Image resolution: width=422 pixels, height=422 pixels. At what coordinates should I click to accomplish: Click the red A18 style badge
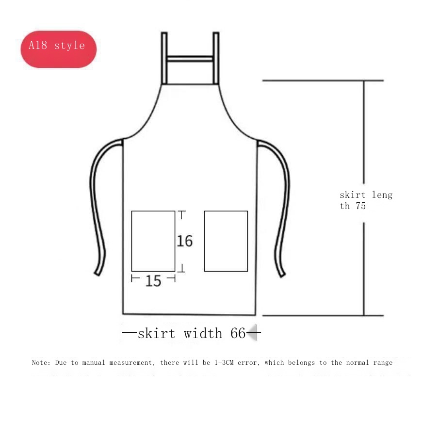tap(58, 49)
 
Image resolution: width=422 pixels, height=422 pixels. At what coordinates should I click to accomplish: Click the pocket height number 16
tap(185, 241)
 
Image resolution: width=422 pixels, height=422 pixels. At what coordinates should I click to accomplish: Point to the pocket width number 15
tap(153, 281)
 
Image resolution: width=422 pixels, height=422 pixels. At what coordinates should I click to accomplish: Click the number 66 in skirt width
tap(238, 333)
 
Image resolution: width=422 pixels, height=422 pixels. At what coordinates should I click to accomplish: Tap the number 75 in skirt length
tap(360, 206)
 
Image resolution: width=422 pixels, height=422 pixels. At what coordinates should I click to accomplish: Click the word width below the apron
tap(203, 333)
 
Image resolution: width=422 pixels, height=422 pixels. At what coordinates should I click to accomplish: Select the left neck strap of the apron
tap(164, 58)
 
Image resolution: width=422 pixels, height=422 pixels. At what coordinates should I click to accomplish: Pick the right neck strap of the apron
tap(216, 58)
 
